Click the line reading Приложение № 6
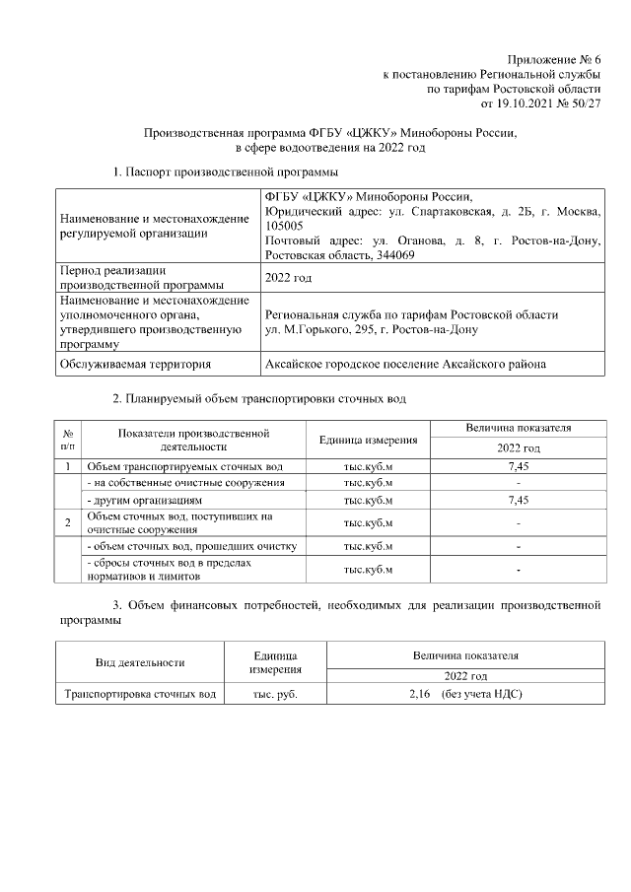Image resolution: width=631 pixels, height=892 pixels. pyautogui.click(x=554, y=60)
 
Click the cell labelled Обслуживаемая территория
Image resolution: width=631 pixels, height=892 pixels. pyautogui.click(x=135, y=364)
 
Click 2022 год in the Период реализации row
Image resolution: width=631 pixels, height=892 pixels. pyautogui.click(x=289, y=278)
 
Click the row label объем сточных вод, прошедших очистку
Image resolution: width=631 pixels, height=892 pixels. pyautogui.click(x=192, y=546)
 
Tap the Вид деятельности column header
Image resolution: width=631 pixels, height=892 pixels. pyautogui.click(x=139, y=662)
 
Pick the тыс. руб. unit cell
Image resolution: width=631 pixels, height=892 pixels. pyautogui.click(x=275, y=694)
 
